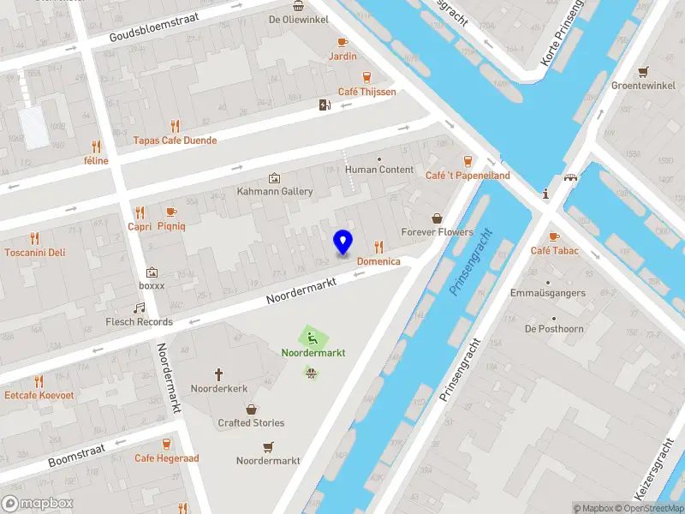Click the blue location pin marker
342,242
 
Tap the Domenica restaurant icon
378,247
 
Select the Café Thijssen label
366,92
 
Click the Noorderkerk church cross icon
219,374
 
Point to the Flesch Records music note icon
139,308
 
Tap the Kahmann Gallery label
274,191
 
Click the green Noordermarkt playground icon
313,337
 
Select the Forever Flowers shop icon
438,218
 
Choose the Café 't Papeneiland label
468,175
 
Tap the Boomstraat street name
76,454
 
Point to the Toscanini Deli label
34,252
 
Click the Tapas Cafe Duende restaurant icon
176,126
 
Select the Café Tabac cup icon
554,236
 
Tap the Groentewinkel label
643,86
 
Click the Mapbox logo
38,504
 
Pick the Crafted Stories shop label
251,422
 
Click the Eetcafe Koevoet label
39,395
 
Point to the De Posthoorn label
554,328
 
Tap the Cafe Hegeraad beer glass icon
166,444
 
